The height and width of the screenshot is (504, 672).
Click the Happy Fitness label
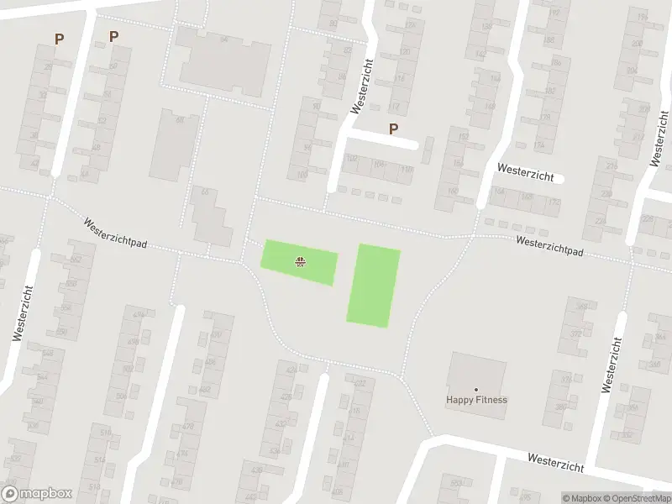click(476, 400)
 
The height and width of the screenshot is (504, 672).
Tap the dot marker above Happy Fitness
click(476, 389)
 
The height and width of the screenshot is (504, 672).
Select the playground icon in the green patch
click(300, 261)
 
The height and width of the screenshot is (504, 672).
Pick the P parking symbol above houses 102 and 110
click(392, 129)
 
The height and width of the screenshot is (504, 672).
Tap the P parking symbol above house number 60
click(113, 36)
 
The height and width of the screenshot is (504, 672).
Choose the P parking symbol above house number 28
click(59, 38)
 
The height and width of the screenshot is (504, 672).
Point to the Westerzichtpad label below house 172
click(549, 245)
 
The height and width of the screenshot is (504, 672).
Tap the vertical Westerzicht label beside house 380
click(612, 365)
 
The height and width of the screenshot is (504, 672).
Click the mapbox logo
click(37, 494)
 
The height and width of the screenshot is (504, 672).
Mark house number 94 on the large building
click(223, 39)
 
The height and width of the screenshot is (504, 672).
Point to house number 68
click(179, 120)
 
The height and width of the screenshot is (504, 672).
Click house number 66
click(203, 192)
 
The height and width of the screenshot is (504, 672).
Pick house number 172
click(553, 202)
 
